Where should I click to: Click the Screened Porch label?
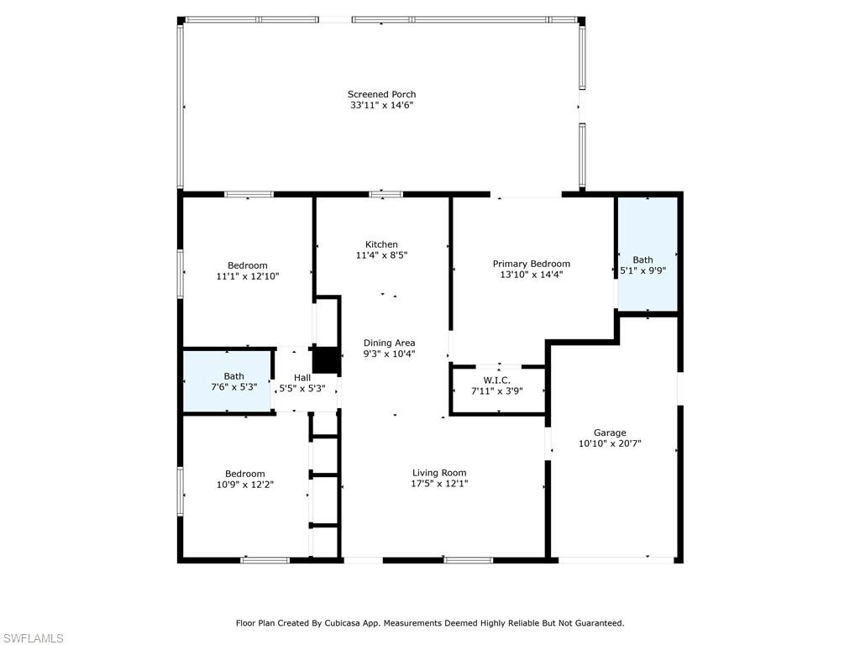[381, 94]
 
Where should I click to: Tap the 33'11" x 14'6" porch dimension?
[381, 106]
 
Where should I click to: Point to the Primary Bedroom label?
[531, 264]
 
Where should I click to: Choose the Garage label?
[610, 433]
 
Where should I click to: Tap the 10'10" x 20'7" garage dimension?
[610, 443]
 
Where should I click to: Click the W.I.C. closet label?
[496, 380]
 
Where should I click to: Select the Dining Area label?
[389, 343]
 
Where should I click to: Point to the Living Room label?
[439, 473]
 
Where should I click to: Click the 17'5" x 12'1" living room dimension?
[439, 484]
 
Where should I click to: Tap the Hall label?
[302, 378]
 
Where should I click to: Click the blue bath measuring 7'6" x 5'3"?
[228, 382]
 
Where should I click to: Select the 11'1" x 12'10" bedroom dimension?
[247, 276]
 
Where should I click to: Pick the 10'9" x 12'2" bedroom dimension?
[244, 485]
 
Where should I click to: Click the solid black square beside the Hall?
[326, 360]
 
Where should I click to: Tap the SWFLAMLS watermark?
[33, 638]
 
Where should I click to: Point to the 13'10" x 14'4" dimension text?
[531, 275]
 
